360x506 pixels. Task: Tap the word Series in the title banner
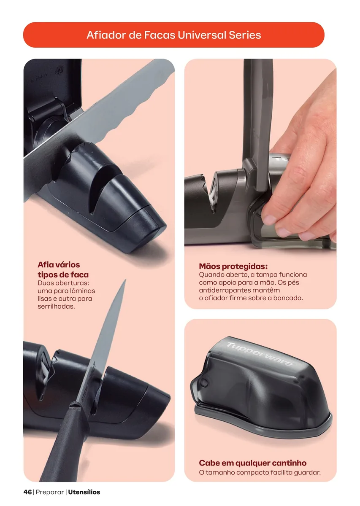click(x=245, y=35)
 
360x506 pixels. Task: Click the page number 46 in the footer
click(x=27, y=492)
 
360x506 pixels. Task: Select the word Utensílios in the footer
click(x=84, y=492)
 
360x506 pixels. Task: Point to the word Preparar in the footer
click(x=50, y=492)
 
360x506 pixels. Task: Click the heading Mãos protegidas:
click(x=233, y=266)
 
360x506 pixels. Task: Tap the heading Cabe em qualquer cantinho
click(x=252, y=463)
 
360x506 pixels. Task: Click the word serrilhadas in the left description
click(x=56, y=307)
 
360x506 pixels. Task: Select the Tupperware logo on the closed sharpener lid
click(x=260, y=354)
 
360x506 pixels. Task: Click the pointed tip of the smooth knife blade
click(x=125, y=280)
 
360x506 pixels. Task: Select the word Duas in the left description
click(x=46, y=283)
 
